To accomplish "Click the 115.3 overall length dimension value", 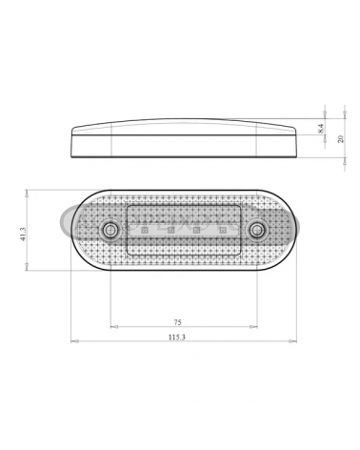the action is [177, 337].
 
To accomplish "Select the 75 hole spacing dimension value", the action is [177, 322].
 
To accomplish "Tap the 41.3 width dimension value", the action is [23, 234].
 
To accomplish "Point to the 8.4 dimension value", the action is [320, 129].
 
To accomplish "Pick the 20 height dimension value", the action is [341, 138].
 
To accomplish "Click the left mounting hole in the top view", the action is [110, 230].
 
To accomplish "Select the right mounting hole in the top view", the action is [256, 230].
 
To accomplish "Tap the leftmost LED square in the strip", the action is [145, 230].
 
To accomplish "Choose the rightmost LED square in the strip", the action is [222, 230].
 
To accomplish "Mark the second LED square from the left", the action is [170, 230].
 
